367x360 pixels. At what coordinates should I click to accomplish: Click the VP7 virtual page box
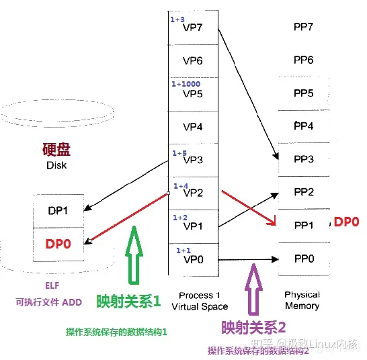193,28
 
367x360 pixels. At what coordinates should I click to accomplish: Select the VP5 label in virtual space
193,93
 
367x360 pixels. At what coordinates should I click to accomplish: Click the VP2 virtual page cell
193,192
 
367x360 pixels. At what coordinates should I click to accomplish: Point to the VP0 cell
193,259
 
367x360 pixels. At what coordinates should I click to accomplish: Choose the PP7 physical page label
304,28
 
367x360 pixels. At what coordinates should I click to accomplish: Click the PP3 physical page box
304,159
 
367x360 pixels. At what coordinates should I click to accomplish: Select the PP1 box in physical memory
304,225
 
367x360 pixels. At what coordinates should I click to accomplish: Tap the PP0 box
304,258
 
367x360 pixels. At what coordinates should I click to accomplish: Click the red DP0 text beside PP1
347,222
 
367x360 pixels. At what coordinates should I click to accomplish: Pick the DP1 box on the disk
58,210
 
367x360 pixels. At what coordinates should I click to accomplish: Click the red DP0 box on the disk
58,245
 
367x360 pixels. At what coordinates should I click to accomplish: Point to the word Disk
57,165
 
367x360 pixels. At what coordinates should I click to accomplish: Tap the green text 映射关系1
129,302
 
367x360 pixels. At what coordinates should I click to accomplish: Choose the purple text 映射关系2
254,328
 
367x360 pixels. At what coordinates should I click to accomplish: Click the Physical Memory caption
302,300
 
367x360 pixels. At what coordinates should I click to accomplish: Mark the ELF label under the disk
52,284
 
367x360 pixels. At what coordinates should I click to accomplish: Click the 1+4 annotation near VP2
181,185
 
